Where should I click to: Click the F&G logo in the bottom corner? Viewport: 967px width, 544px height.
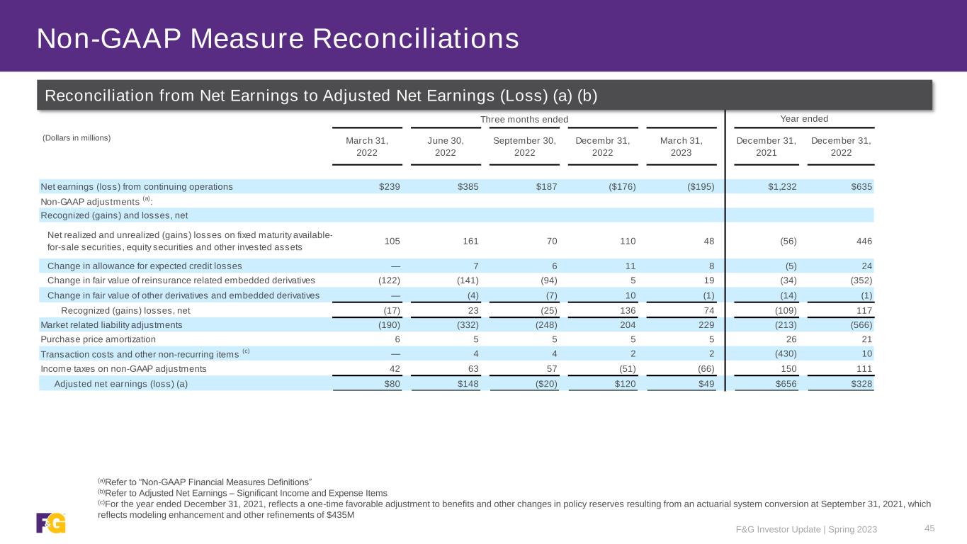click(x=51, y=523)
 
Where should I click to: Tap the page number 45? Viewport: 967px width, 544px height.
click(x=930, y=528)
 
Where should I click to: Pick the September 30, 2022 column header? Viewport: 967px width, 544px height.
click(x=524, y=147)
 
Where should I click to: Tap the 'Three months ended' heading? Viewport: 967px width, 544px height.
click(x=524, y=119)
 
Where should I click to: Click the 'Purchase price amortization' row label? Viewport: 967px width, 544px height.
click(x=98, y=339)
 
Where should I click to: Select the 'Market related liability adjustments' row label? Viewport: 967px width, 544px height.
click(x=111, y=325)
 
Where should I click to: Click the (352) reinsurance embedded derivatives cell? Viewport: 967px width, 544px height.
click(x=858, y=280)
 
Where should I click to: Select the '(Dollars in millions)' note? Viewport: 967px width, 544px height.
click(x=76, y=137)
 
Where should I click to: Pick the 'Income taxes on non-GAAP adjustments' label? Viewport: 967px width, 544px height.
click(x=123, y=368)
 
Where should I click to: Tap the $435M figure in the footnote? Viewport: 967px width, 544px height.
click(x=339, y=515)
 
